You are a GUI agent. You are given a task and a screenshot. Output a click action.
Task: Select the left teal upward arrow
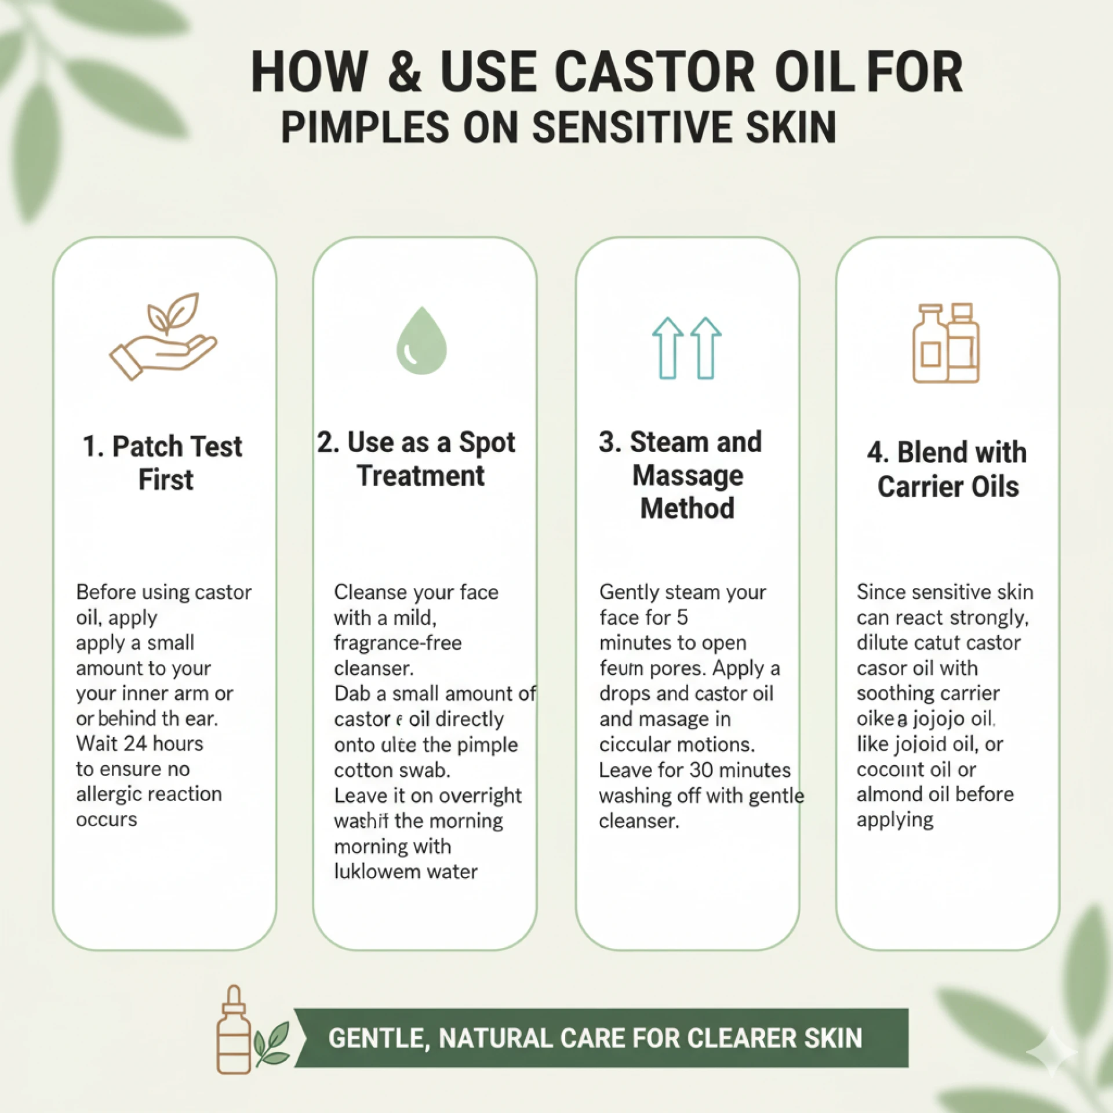pos(668,348)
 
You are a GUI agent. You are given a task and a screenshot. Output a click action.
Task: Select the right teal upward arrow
pos(705,348)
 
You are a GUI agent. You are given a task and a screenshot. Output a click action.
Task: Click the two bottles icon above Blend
pos(946,343)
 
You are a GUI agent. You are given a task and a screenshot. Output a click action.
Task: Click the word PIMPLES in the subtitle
pos(365,128)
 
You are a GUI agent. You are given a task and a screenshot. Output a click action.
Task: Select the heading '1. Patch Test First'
pos(163,463)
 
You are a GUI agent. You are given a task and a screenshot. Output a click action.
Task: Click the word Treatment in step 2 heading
pos(420,476)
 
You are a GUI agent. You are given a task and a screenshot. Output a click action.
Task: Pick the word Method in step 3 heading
pos(688,508)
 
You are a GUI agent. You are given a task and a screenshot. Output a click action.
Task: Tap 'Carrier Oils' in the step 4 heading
pos(948,486)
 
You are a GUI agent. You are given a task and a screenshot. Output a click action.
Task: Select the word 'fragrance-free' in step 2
pos(398,643)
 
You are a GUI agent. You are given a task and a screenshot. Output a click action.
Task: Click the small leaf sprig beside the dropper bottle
pos(272,1043)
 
